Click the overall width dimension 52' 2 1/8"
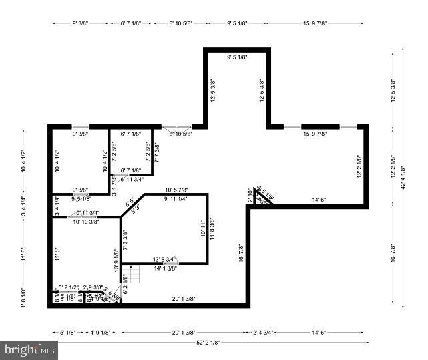click(x=208, y=342)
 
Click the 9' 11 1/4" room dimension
click(x=174, y=198)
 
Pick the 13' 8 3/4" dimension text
click(x=164, y=259)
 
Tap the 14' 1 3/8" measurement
click(x=166, y=268)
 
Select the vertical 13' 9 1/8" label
click(x=116, y=260)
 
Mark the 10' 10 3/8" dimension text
click(x=85, y=221)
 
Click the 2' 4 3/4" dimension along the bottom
click(x=268, y=331)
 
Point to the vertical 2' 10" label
click(x=250, y=196)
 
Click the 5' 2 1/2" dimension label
click(x=69, y=287)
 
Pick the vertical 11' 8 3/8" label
click(x=212, y=229)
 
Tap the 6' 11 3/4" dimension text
click(x=132, y=179)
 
